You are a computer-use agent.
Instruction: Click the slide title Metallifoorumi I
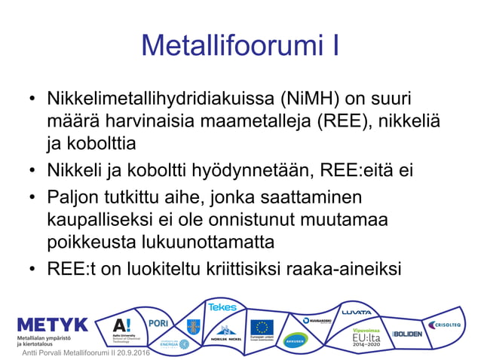click(240, 46)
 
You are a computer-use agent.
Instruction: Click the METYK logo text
click(52, 325)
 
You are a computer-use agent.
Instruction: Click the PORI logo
click(159, 322)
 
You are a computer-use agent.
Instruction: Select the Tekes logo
click(222, 307)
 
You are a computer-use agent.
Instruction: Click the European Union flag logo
click(262, 328)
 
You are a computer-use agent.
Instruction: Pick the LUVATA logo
click(357, 311)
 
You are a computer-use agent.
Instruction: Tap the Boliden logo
click(408, 333)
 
